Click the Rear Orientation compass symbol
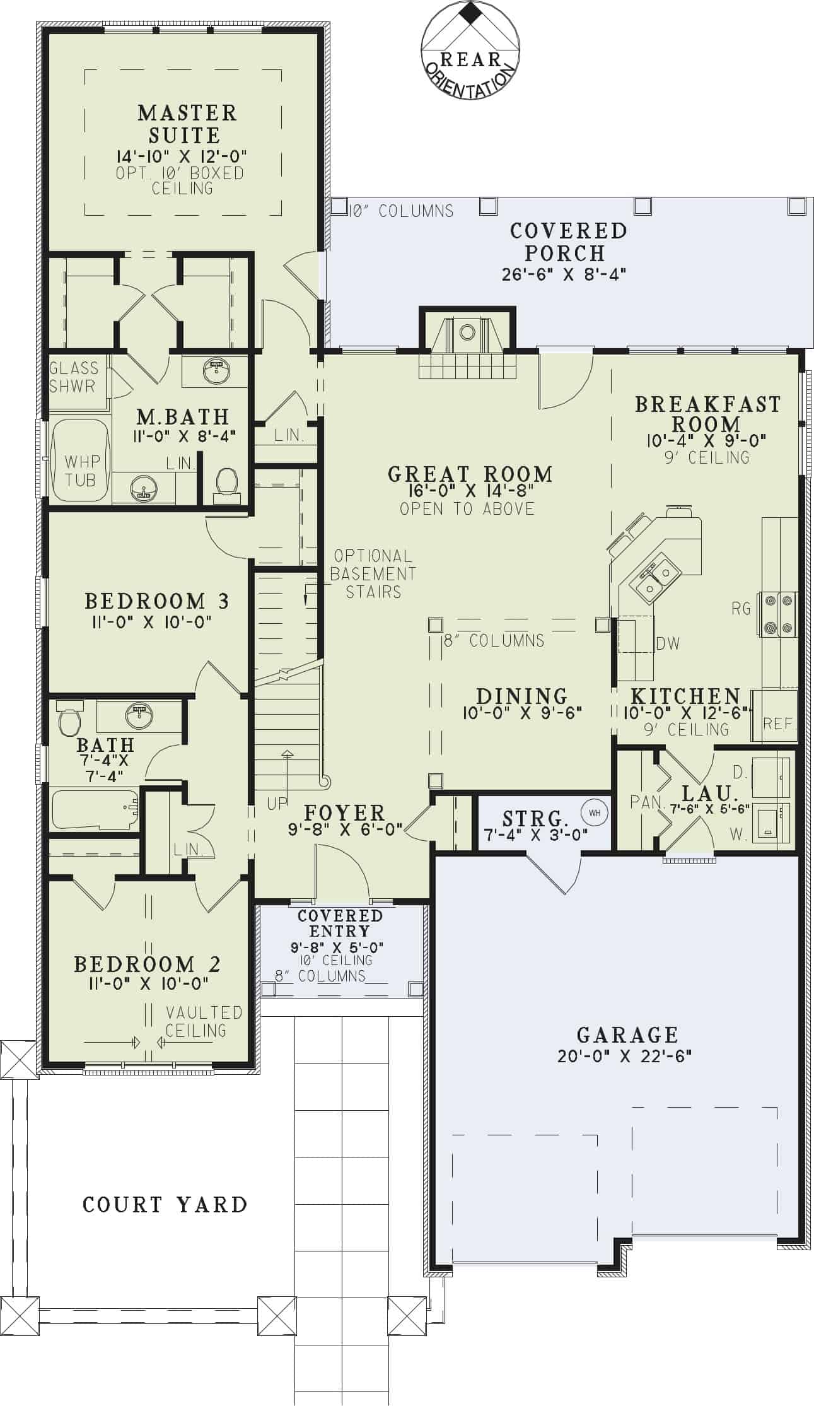pos(470,50)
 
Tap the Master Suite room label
pos(187,124)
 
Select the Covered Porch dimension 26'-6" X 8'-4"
pos(564,274)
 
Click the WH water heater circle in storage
pos(595,813)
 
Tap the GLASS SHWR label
pos(74,377)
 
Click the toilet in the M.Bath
pos(227,484)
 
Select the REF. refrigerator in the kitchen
pos(777,724)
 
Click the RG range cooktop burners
pos(779,614)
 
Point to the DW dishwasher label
pos(668,643)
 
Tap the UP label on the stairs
pos(277,803)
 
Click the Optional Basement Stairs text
pos(373,573)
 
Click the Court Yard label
pos(165,1204)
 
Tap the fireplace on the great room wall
pos(467,344)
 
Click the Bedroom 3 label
pos(156,601)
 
